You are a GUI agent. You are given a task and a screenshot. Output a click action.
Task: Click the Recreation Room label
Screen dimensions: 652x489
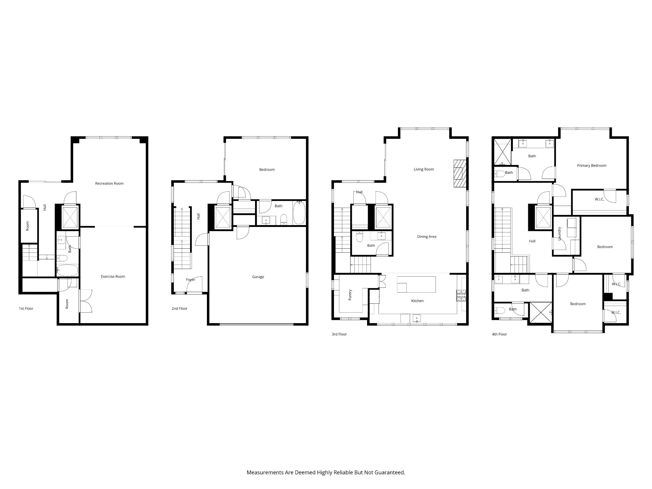coord(109,183)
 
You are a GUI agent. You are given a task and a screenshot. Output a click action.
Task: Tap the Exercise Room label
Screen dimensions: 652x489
coord(113,276)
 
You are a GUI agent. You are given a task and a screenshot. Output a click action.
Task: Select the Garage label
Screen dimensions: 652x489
coord(258,277)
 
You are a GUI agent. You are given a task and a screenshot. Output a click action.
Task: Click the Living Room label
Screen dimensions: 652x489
coord(424,169)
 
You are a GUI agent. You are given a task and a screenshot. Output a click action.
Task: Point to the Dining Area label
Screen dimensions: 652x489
coord(427,237)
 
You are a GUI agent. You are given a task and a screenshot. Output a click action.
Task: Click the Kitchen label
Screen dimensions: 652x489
coord(417,301)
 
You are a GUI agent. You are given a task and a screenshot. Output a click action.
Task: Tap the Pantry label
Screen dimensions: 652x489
coord(350,295)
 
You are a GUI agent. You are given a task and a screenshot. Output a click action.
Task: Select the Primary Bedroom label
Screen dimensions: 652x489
coord(592,166)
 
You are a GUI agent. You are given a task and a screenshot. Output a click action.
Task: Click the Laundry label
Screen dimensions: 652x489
coord(559,233)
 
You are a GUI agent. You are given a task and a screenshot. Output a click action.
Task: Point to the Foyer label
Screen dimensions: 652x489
coord(190,280)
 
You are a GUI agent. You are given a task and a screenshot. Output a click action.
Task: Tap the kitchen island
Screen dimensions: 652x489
coord(416,284)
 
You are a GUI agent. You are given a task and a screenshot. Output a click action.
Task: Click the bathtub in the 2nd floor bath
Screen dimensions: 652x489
coord(299,213)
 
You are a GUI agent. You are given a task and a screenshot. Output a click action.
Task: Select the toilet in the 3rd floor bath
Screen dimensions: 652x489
coord(360,237)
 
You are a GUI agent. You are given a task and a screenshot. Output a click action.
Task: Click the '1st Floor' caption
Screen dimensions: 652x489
coord(26,308)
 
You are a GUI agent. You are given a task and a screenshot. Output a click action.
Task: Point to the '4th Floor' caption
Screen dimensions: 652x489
coord(499,334)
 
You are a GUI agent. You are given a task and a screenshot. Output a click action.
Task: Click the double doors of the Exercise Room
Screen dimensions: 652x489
coord(86,301)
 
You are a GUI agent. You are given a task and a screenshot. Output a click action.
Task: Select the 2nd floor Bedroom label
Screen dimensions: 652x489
coord(267,170)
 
